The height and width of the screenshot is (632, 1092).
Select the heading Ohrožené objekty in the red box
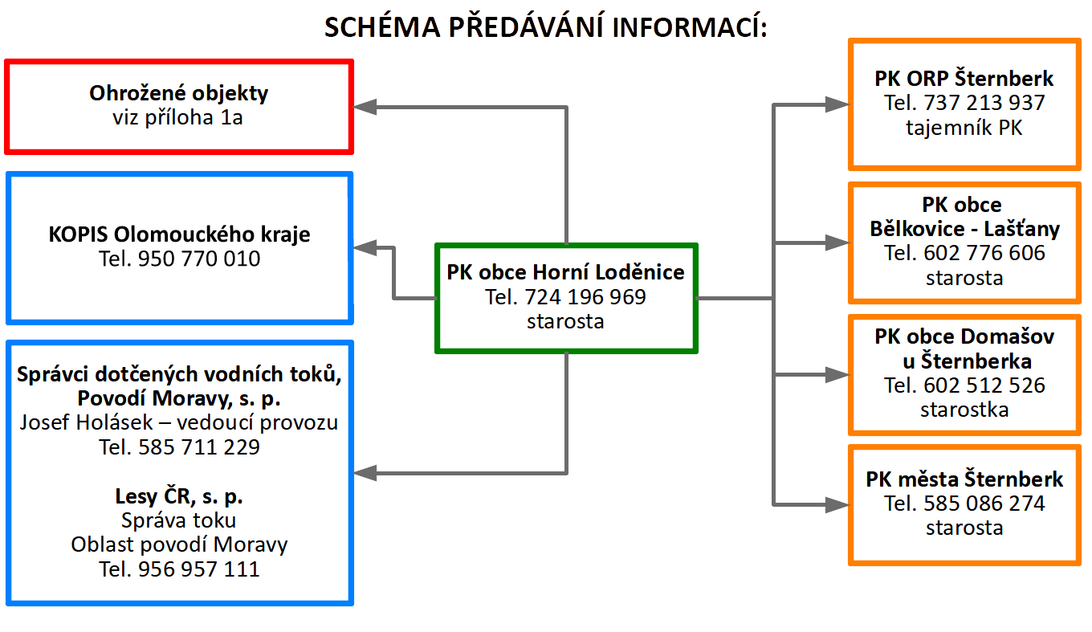(x=179, y=93)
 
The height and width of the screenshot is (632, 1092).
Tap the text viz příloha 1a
(x=179, y=118)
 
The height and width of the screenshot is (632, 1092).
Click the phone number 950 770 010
(x=199, y=259)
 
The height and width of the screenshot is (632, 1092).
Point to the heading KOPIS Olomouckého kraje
(x=179, y=235)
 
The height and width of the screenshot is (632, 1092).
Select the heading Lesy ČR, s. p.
(x=179, y=495)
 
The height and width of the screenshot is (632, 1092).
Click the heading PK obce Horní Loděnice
(x=566, y=272)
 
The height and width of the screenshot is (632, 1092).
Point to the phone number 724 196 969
(x=585, y=297)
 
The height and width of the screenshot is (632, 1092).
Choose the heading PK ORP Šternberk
(x=964, y=79)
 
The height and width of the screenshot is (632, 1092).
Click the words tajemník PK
(x=964, y=128)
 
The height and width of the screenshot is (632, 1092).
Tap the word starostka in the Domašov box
(x=964, y=410)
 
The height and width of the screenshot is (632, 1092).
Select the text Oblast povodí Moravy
(x=179, y=544)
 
